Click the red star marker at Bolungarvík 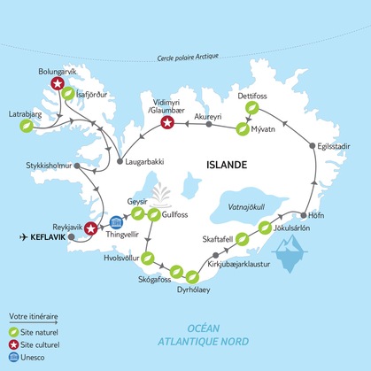[x=58, y=83]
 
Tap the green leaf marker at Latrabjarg [x=27, y=126]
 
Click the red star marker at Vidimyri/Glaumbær [x=166, y=123]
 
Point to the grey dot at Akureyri [x=209, y=124]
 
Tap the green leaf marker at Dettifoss [x=252, y=106]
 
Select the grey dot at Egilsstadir [x=311, y=144]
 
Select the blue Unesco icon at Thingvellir [x=115, y=222]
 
